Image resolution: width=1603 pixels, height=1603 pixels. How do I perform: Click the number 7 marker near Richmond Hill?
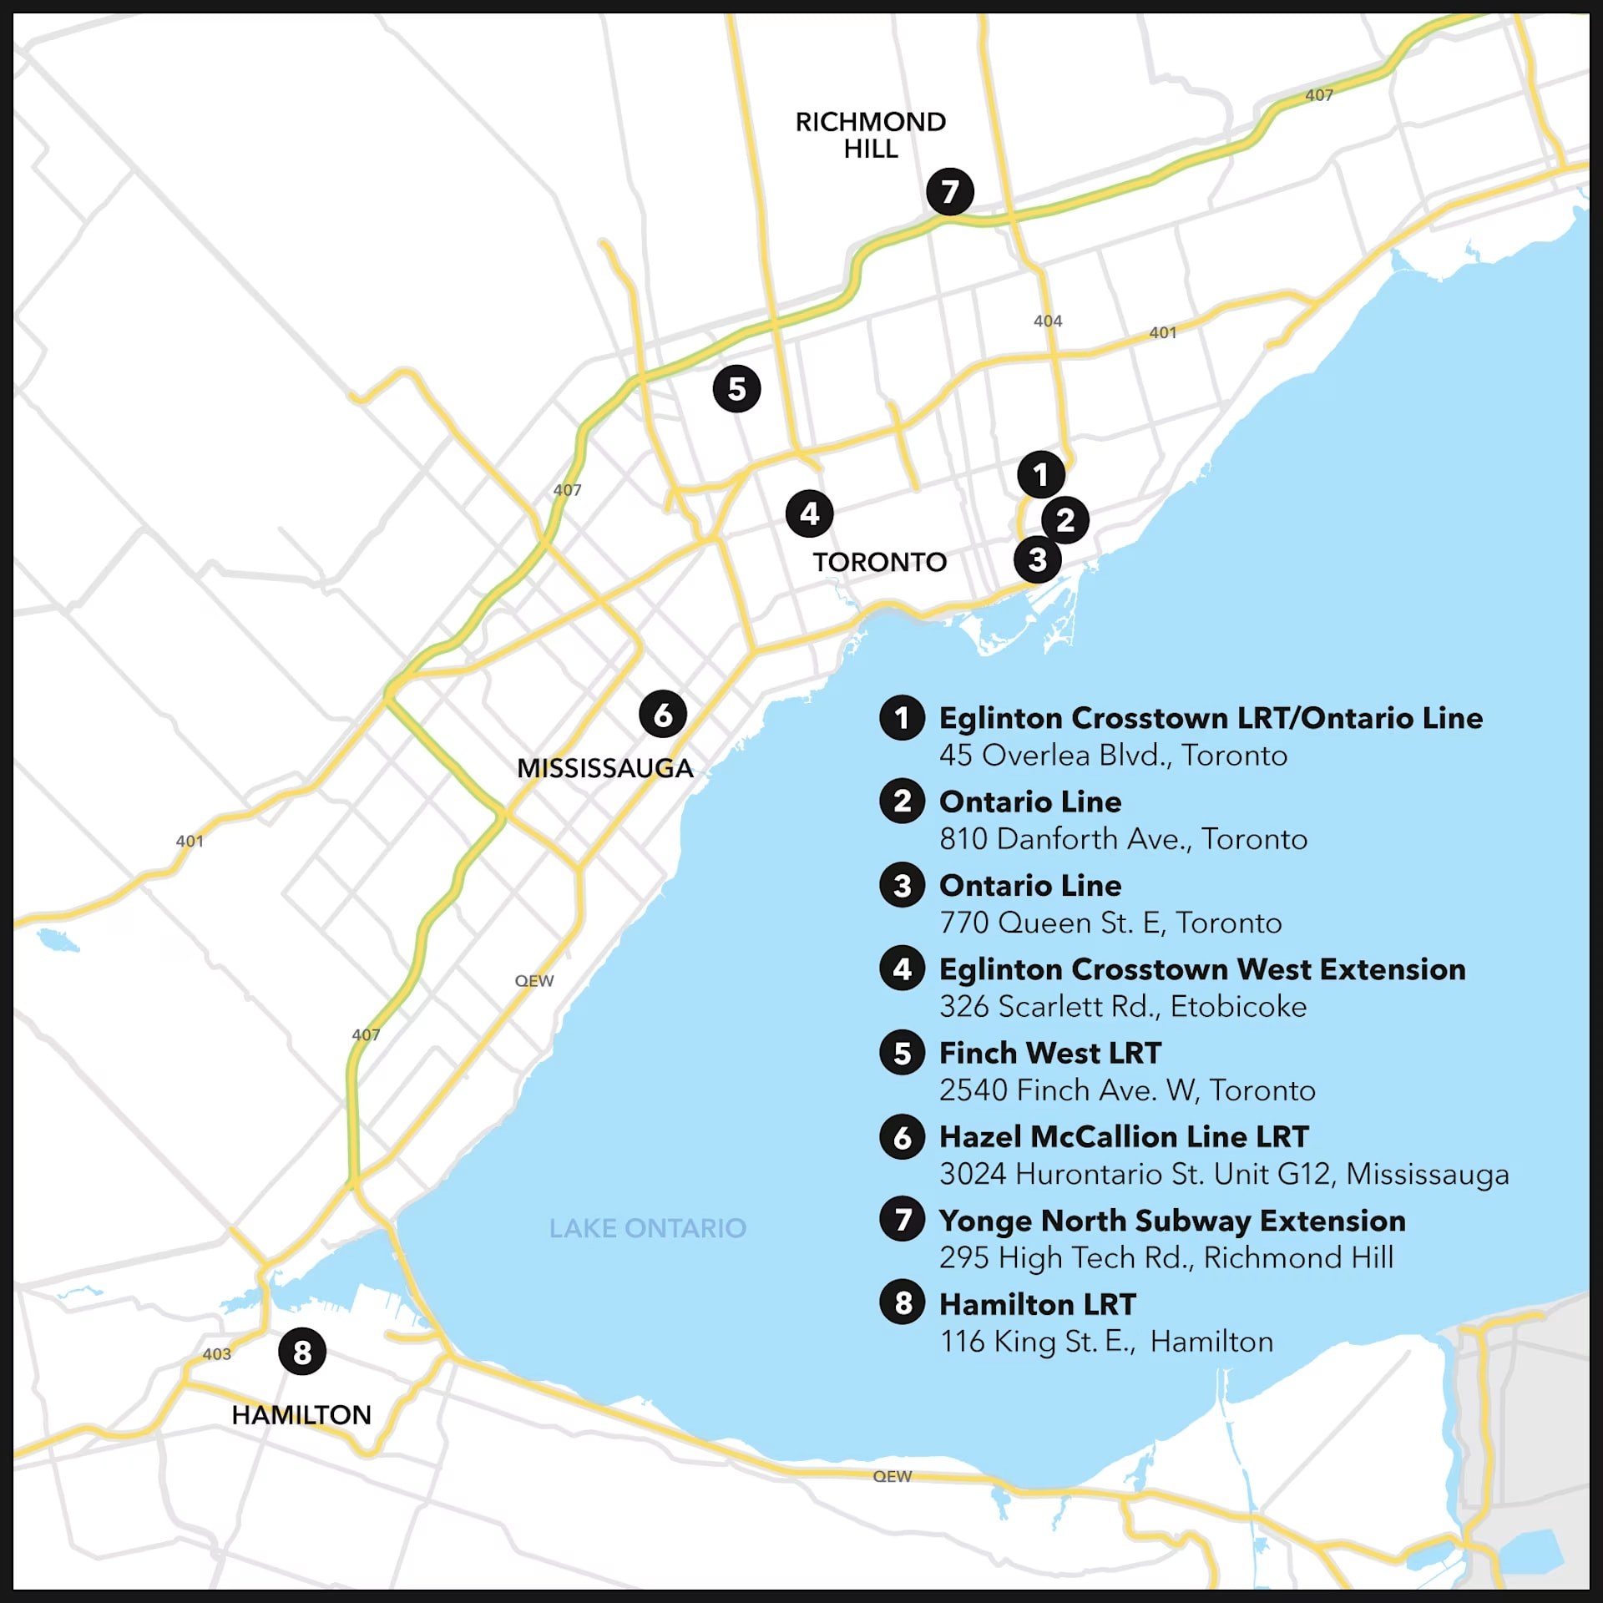click(x=949, y=191)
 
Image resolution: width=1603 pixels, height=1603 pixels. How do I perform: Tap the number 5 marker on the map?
click(x=736, y=388)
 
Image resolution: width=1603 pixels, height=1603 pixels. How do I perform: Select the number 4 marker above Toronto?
click(x=809, y=513)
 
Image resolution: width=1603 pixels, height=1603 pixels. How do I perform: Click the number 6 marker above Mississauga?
click(x=663, y=715)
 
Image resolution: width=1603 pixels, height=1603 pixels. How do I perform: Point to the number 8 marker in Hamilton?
click(x=302, y=1352)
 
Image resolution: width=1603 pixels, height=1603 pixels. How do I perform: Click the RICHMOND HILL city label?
click(x=870, y=134)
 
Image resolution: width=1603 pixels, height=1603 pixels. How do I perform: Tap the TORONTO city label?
click(x=880, y=562)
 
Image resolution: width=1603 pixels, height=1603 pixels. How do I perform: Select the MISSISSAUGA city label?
click(x=604, y=768)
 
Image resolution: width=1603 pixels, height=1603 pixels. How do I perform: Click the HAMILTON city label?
click(x=301, y=1414)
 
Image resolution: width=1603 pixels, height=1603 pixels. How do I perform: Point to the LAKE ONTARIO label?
click(x=647, y=1228)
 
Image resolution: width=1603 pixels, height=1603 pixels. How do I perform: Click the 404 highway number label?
click(x=1048, y=321)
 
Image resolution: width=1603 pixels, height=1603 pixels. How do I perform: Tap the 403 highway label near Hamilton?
click(x=216, y=1353)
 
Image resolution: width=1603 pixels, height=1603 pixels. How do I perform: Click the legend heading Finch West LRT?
click(x=1049, y=1053)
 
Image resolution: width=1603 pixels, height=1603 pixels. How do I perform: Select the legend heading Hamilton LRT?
click(x=1037, y=1304)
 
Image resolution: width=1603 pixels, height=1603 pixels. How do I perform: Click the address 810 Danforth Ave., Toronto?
click(x=1123, y=838)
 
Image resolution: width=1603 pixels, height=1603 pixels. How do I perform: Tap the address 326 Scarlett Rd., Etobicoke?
click(x=1122, y=1006)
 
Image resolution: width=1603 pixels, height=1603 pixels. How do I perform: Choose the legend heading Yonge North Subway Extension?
click(x=1171, y=1221)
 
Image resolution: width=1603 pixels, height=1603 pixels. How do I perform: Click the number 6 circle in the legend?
click(x=902, y=1137)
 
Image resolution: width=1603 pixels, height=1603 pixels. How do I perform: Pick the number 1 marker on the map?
click(x=1040, y=474)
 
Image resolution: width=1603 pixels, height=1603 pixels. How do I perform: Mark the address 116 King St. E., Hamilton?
click(x=1106, y=1341)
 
